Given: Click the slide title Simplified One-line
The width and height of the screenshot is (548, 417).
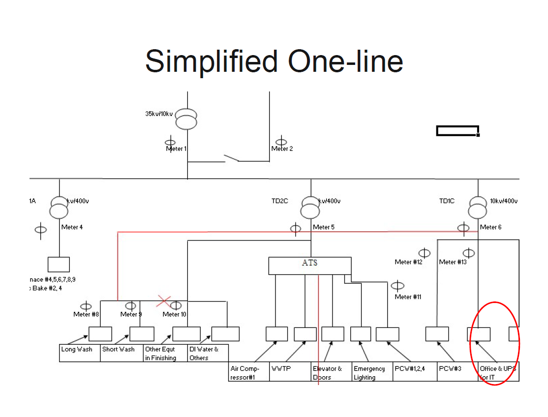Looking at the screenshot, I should click(274, 61).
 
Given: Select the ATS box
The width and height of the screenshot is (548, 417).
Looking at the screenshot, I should click(310, 266).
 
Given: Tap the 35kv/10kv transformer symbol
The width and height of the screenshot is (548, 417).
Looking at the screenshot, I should click(186, 118).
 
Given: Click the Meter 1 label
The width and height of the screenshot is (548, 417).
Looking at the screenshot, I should click(176, 149).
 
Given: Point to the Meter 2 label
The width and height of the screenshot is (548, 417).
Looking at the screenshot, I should click(282, 149).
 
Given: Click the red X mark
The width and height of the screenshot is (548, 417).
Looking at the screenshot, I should click(164, 300).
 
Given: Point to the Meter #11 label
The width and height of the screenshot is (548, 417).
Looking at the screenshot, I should click(408, 297).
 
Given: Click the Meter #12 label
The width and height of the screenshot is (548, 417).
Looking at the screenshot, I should click(408, 262).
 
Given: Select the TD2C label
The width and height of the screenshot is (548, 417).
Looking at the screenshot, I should click(280, 201).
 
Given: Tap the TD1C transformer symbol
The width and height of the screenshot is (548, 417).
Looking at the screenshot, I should click(478, 207).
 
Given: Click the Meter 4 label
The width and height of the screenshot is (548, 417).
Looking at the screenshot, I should click(72, 227).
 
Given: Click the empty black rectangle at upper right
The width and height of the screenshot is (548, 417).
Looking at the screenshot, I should click(457, 131).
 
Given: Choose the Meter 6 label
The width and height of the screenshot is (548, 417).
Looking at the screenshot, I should click(491, 227).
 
